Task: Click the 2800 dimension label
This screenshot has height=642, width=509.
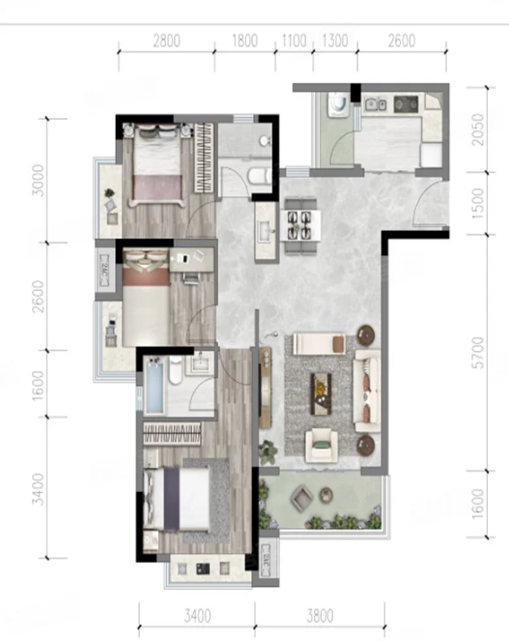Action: pyautogui.click(x=166, y=41)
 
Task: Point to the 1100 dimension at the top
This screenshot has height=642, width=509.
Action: pyautogui.click(x=295, y=41)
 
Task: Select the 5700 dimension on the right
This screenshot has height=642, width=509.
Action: pyautogui.click(x=477, y=353)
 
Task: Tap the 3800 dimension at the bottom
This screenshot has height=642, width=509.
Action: pyautogui.click(x=320, y=616)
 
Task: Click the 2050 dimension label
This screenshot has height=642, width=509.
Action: pyautogui.click(x=477, y=130)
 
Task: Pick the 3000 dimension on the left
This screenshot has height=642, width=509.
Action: pyautogui.click(x=38, y=181)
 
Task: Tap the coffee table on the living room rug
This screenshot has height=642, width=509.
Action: pyautogui.click(x=322, y=394)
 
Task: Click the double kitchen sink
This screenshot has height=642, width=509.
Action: pyautogui.click(x=376, y=104)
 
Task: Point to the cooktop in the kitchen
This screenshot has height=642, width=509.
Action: pyautogui.click(x=406, y=104)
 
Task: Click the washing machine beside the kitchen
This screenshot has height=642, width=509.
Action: pyautogui.click(x=338, y=104)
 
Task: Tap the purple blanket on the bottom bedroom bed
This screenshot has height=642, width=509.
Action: pyautogui.click(x=172, y=499)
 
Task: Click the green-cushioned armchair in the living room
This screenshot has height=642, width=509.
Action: pyautogui.click(x=322, y=446)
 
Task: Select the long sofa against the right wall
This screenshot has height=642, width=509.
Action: pyautogui.click(x=367, y=391)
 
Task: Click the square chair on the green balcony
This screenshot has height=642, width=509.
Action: pyautogui.click(x=302, y=498)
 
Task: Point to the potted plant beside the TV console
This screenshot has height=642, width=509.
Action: pyautogui.click(x=268, y=452)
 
